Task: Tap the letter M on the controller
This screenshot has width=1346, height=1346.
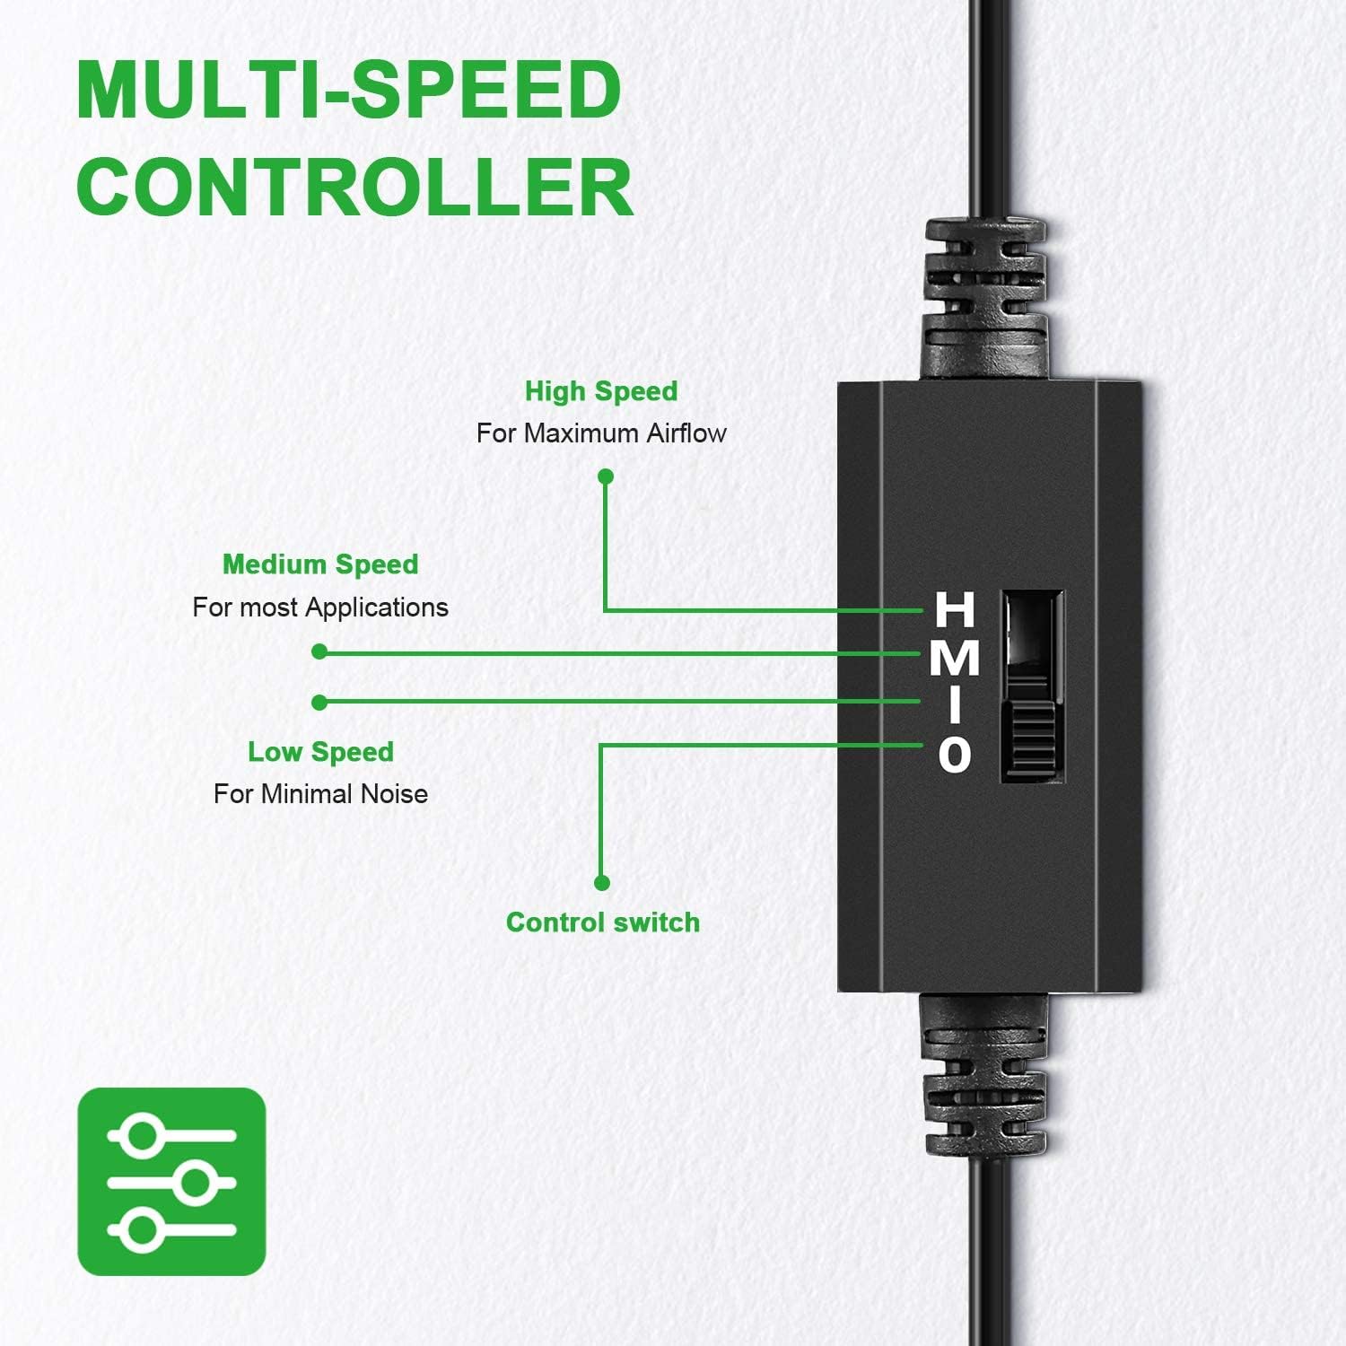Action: click(955, 658)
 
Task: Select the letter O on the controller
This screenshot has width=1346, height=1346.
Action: click(955, 754)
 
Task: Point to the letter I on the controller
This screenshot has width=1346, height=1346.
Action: click(956, 705)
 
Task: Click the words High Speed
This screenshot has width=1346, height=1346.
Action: click(601, 391)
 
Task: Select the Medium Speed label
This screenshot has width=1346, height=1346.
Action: click(320, 564)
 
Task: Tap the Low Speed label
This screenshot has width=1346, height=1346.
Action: click(320, 752)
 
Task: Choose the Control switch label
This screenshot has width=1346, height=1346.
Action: click(603, 922)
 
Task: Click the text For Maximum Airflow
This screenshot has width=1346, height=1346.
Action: click(601, 433)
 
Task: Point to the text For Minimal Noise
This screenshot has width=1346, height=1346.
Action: click(320, 794)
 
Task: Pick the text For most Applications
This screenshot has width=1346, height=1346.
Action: click(320, 607)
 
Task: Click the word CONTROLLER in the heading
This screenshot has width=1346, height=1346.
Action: click(355, 187)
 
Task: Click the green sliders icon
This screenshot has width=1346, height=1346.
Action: click(172, 1182)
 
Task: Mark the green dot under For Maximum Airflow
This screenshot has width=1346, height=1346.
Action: click(606, 476)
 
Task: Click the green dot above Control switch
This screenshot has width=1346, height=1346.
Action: click(602, 883)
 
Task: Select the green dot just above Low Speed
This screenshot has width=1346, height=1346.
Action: click(319, 703)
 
